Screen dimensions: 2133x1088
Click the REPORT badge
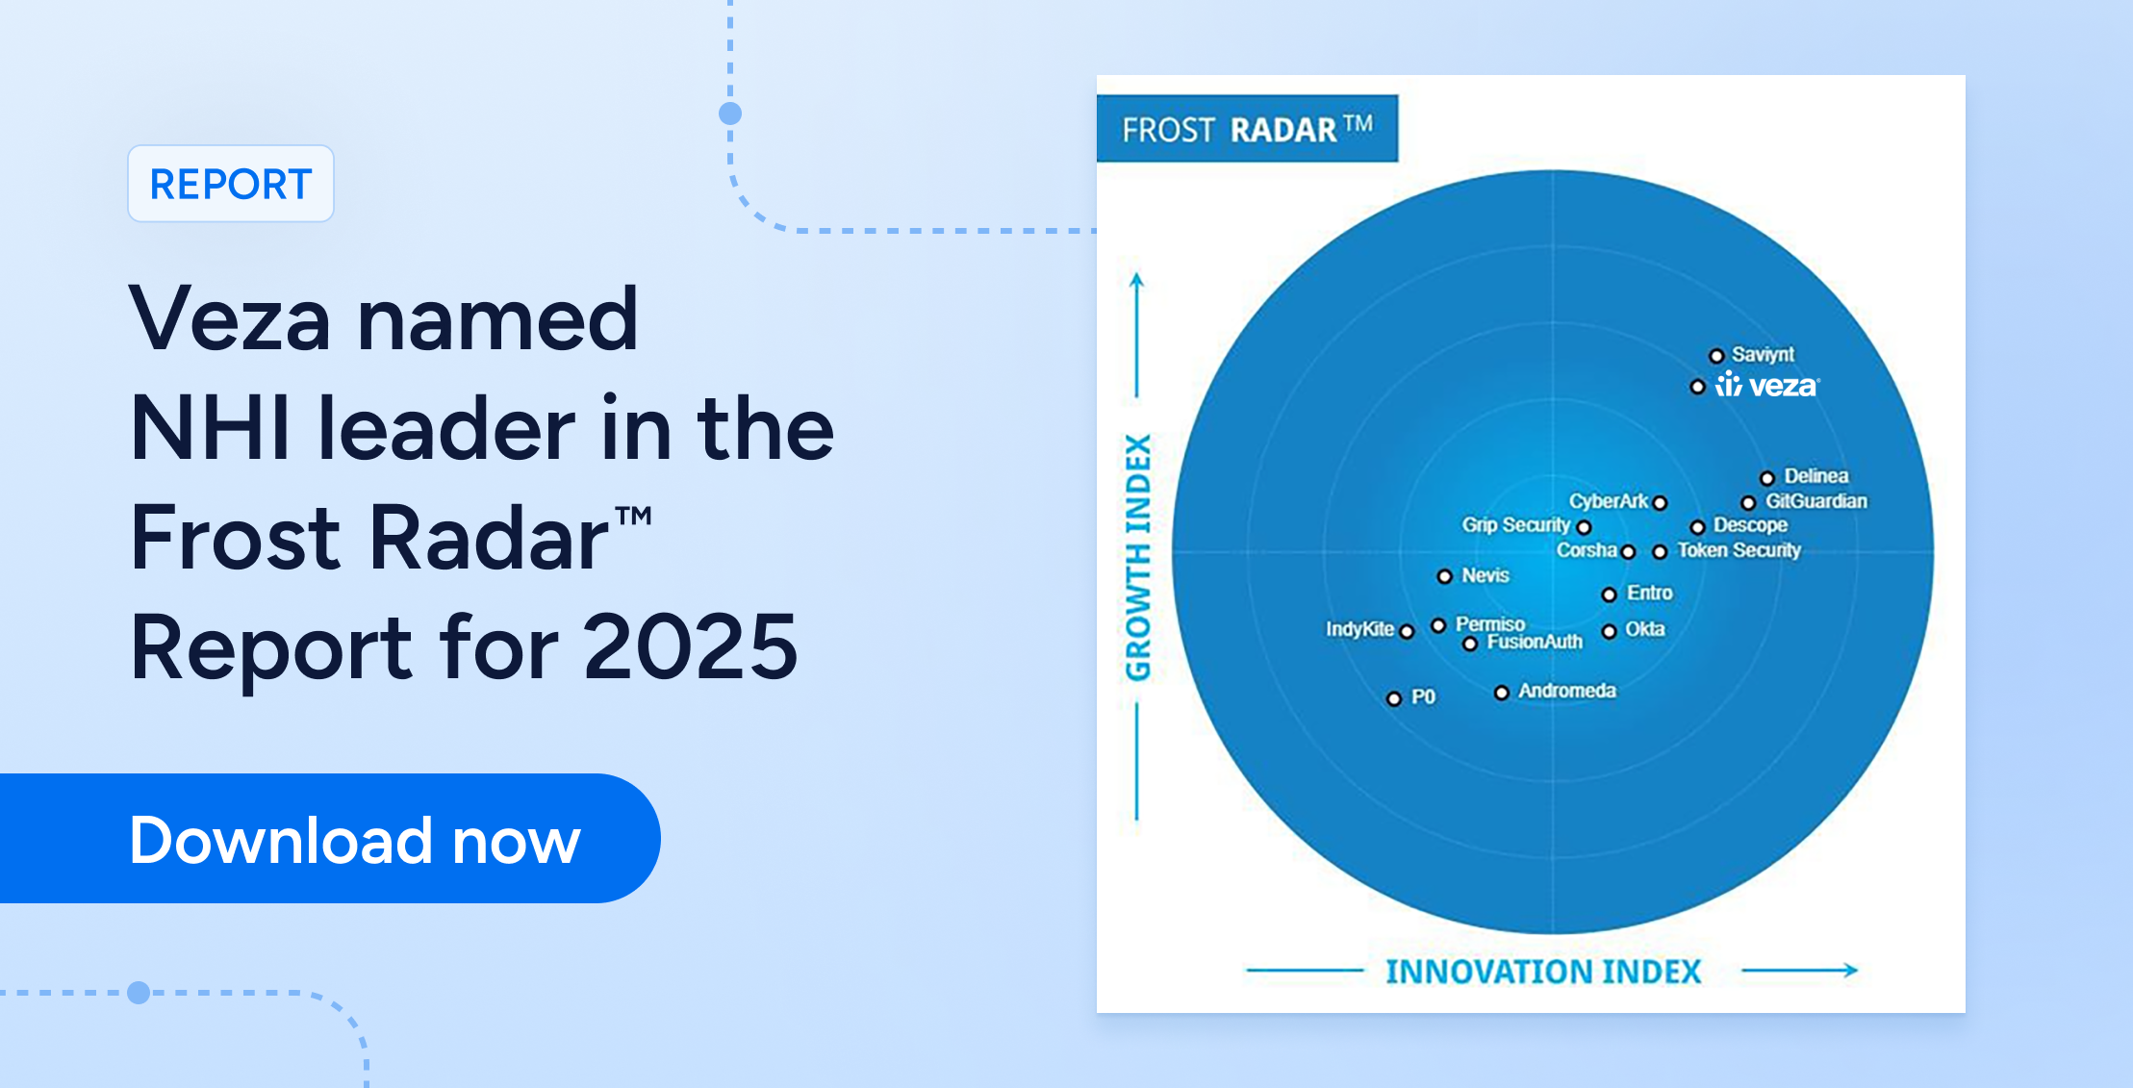coord(231,184)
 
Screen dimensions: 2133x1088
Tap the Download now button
coord(330,838)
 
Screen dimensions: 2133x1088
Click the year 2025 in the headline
coord(690,647)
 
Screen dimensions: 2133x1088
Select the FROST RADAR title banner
coord(1247,128)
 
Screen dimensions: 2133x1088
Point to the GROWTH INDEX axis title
coord(1138,558)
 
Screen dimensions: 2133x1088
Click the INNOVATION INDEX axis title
coord(1543,972)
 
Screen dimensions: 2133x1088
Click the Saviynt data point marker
coord(1716,356)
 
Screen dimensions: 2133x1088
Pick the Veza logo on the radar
coord(1767,386)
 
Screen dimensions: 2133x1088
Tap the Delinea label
coord(1816,476)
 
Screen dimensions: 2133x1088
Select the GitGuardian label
coord(1816,501)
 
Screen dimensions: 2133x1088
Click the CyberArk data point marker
coord(1660,502)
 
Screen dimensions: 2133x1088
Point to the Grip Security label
coord(1516,524)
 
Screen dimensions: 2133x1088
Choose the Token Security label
coord(1739,550)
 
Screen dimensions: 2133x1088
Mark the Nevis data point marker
coord(1444,576)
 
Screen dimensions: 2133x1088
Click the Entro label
coord(1650,593)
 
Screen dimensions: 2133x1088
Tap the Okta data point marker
coord(1609,631)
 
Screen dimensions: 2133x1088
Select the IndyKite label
coord(1360,629)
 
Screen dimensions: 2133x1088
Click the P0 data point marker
coord(1394,698)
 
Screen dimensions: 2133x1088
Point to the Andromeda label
coord(1567,691)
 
